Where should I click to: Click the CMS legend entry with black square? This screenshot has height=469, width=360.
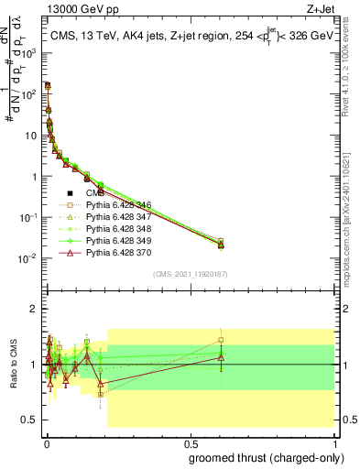(x=95, y=193)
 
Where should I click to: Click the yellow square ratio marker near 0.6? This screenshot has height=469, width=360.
(x=221, y=341)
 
